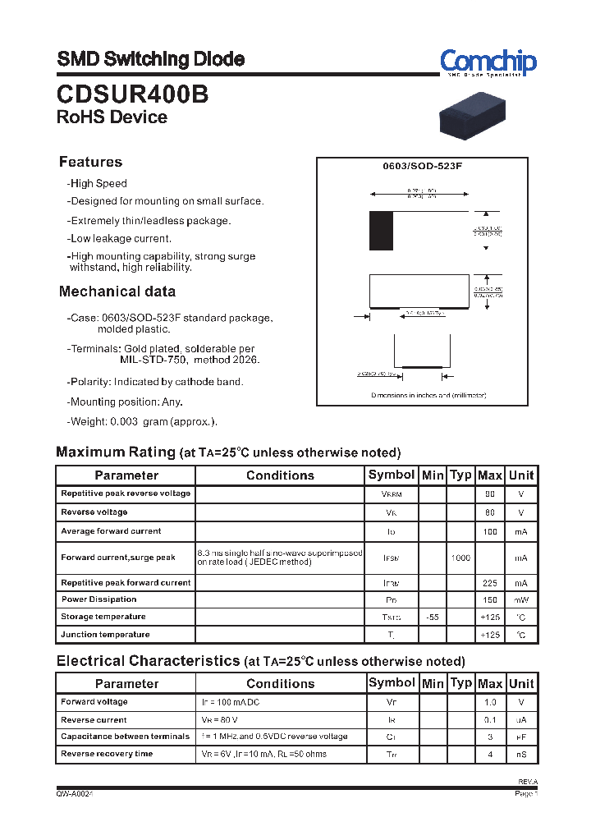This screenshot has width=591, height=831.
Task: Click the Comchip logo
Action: [488, 62]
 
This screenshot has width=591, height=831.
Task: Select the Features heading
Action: [90, 162]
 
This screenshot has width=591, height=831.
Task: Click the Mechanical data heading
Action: [117, 292]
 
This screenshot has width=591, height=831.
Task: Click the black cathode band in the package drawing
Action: [381, 231]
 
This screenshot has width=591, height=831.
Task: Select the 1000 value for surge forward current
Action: [460, 558]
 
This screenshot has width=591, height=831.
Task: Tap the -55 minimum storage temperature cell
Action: [432, 617]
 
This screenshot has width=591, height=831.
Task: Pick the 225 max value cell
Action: [490, 583]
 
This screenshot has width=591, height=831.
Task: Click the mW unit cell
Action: [520, 599]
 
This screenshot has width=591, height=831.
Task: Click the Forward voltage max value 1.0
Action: [490, 702]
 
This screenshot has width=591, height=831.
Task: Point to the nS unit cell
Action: [520, 754]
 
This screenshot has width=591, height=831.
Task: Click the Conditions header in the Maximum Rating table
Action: [280, 475]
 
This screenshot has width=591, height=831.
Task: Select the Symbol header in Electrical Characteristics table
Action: [392, 683]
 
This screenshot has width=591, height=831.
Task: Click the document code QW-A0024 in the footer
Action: [80, 794]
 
